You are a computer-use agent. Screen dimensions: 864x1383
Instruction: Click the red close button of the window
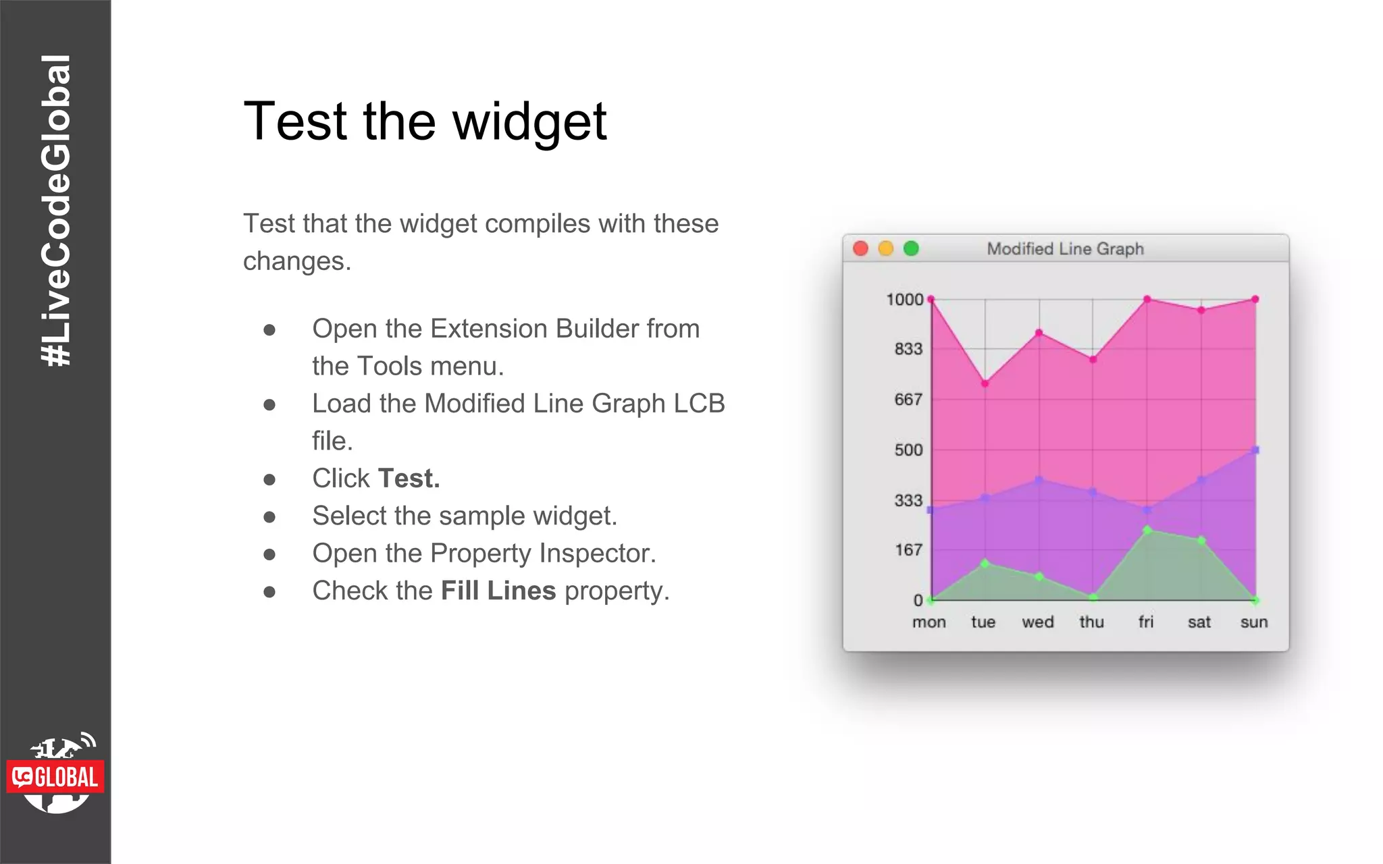coord(860,248)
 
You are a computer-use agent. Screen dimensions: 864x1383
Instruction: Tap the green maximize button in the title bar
coord(911,248)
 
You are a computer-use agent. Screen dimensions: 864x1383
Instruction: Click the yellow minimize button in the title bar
coord(885,248)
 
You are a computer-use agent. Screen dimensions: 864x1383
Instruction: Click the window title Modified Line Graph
coord(1065,249)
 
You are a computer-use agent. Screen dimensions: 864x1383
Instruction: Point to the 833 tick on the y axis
coord(908,349)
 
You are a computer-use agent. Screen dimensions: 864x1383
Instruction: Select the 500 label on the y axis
coord(908,450)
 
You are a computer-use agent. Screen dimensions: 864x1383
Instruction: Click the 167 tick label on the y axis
coord(908,550)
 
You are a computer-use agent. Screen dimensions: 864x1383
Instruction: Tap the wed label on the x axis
coord(1037,622)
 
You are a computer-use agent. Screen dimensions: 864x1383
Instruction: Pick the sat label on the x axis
coord(1199,622)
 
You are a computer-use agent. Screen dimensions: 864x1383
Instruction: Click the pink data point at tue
coord(985,383)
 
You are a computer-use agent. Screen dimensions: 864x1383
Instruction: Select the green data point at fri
coord(1147,531)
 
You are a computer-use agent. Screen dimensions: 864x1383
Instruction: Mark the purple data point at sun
coord(1255,450)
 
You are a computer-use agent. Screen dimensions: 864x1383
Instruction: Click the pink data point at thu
coord(1093,360)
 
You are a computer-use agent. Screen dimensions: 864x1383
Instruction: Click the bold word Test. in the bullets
coord(409,479)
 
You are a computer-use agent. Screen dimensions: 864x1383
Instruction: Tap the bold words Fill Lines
coord(498,591)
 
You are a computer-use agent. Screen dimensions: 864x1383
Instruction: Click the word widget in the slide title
coord(529,122)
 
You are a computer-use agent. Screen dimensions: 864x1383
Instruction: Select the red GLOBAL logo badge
coord(55,777)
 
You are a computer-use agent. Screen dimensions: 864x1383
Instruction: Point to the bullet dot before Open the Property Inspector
coord(269,554)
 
